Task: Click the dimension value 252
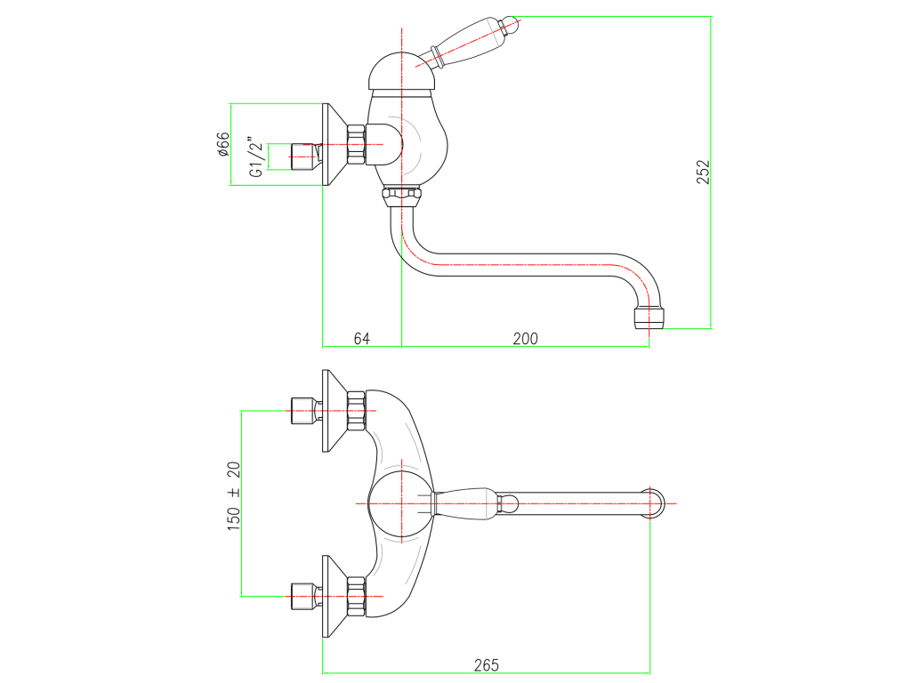(703, 172)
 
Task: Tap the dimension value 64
(361, 339)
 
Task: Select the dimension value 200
(525, 339)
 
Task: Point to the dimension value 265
(487, 665)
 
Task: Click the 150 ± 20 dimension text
(234, 496)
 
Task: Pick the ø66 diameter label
(223, 144)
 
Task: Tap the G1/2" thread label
(256, 157)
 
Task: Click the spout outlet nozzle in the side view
(649, 317)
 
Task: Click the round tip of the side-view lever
(512, 24)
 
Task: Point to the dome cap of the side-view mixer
(401, 71)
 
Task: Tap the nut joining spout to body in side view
(401, 197)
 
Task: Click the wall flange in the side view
(334, 145)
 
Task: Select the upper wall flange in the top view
(334, 411)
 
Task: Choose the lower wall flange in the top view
(334, 596)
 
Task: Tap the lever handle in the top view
(475, 503)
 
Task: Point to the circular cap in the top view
(401, 503)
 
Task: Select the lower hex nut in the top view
(356, 596)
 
